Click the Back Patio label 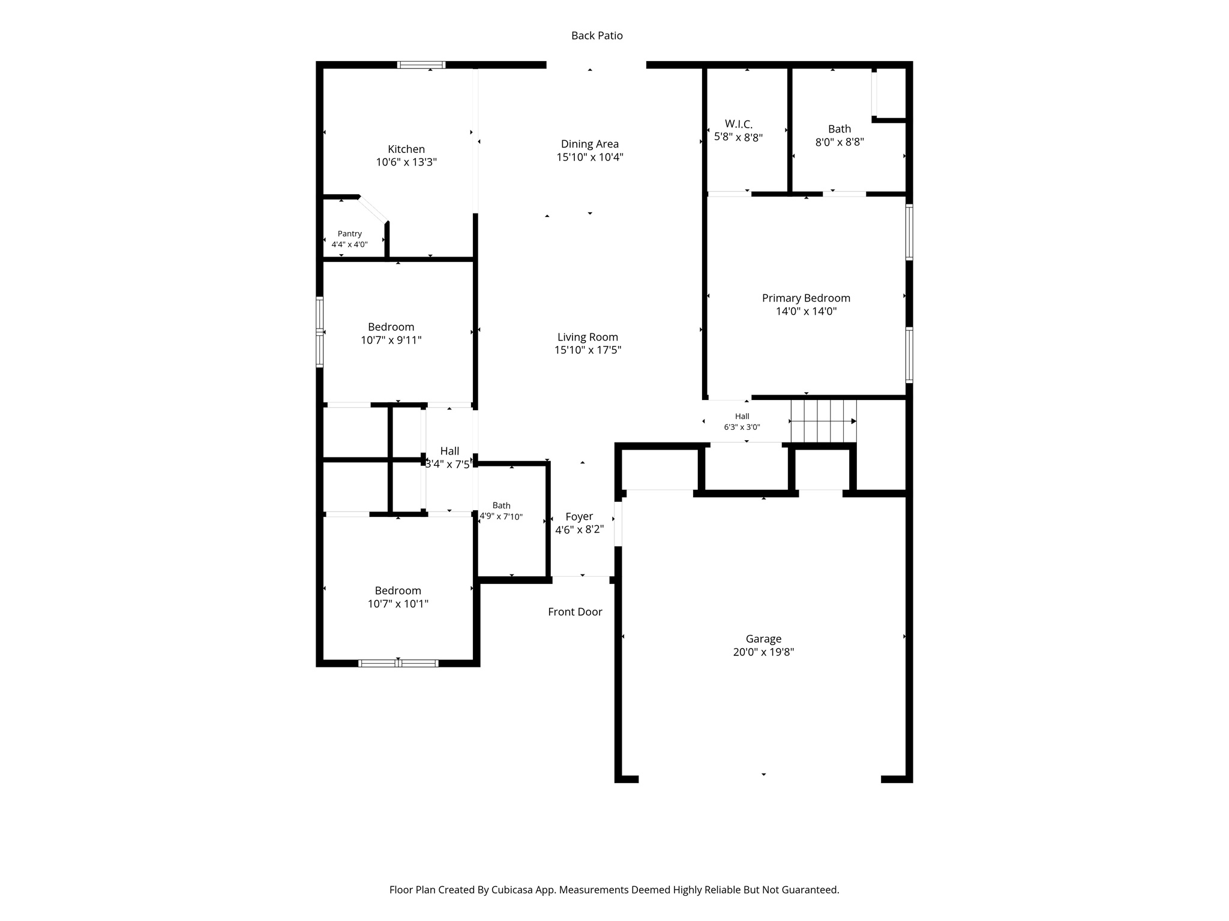596,36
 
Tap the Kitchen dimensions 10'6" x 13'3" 406,162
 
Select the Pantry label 349,234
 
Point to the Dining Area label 590,144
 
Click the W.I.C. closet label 738,124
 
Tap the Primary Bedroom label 806,298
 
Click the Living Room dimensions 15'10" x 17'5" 587,350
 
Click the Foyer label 579,517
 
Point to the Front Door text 575,612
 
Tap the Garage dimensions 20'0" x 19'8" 763,652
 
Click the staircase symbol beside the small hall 823,421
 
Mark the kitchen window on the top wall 421,65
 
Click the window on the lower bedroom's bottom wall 398,663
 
